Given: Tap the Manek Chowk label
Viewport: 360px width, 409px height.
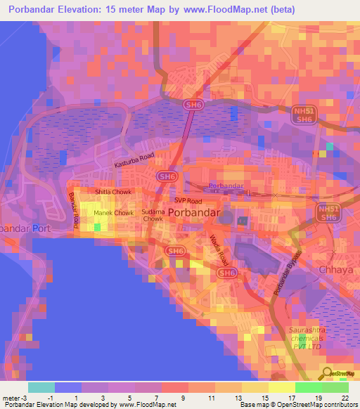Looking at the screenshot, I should point(113,212).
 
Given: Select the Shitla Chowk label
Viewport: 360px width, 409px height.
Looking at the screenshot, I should point(113,190).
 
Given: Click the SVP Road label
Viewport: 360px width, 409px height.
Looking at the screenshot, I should point(188,200).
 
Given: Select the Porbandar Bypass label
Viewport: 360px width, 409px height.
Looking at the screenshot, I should point(286,270).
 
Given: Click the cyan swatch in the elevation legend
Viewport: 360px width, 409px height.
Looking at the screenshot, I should point(41,387).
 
